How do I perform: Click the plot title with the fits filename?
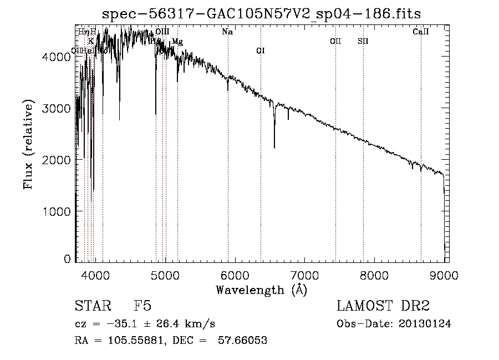[266, 14]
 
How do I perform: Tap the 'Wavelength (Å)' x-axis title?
[261, 289]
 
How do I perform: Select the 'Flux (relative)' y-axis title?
[28, 144]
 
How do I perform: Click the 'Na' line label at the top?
[227, 32]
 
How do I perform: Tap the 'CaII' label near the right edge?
[421, 32]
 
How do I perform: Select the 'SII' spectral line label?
[363, 41]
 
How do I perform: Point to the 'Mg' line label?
[177, 42]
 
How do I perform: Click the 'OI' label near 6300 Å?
[261, 51]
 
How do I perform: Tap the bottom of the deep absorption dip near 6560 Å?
[274, 147]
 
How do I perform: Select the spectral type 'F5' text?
[142, 306]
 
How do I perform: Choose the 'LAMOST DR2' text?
[383, 306]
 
